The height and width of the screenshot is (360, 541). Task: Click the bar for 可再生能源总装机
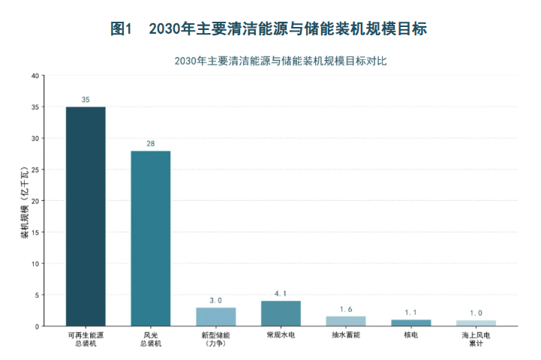86,216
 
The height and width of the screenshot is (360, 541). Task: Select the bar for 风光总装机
151,238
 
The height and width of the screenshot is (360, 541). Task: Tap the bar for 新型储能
216,316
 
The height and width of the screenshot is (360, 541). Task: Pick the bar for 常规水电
281,313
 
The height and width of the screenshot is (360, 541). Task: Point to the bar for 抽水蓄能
346,321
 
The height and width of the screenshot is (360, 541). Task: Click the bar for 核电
411,322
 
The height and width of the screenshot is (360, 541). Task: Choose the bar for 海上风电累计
476,323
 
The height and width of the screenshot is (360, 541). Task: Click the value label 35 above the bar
86,100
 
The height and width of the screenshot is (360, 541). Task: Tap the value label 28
151,144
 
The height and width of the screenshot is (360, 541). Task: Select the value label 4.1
281,294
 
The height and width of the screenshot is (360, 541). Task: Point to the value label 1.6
346,309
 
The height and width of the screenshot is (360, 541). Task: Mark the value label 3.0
215,301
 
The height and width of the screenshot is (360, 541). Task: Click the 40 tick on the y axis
35,76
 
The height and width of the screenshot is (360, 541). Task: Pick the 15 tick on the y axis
35,232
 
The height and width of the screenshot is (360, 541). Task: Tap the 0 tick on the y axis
38,326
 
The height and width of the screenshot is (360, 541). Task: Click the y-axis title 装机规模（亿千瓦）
26,202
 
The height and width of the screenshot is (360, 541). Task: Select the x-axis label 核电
411,334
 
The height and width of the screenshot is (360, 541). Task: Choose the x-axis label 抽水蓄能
346,334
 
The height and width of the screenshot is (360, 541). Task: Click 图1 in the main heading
121,28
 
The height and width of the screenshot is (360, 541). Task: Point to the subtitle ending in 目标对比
281,61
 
